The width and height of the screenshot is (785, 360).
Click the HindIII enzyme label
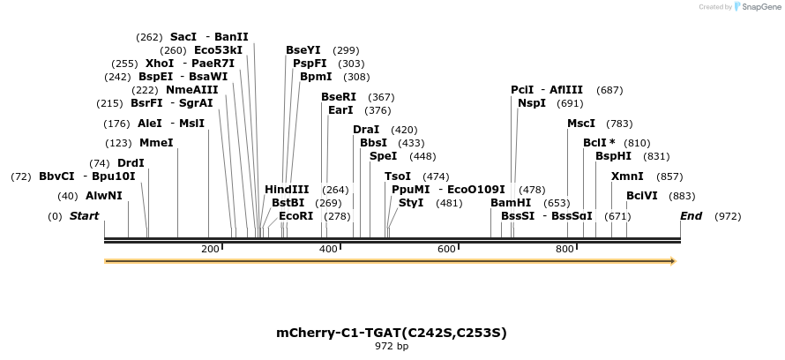(287, 190)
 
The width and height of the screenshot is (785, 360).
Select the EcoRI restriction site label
(295, 216)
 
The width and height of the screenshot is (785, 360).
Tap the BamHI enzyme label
(511, 203)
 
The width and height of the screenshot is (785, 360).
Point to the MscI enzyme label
(581, 124)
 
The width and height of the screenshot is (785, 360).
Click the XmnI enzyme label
(627, 176)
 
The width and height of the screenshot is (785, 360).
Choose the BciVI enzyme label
(642, 196)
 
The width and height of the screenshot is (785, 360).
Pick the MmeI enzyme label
(156, 143)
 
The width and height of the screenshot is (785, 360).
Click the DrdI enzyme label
(131, 163)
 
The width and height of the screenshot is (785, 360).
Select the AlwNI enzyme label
(104, 196)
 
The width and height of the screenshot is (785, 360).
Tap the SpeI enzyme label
(383, 156)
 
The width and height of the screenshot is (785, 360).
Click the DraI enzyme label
(366, 130)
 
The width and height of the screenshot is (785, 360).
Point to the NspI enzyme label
(532, 103)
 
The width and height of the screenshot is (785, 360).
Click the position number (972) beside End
(728, 216)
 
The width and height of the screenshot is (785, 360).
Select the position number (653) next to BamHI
(557, 203)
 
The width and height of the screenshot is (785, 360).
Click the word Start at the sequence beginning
(85, 216)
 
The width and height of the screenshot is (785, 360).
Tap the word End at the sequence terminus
(691, 216)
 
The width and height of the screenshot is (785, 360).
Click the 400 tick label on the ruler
(328, 250)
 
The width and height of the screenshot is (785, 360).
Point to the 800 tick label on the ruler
(564, 250)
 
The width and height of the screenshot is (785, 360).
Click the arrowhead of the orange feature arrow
(672, 261)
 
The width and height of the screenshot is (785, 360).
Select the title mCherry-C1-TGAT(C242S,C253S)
(392, 333)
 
